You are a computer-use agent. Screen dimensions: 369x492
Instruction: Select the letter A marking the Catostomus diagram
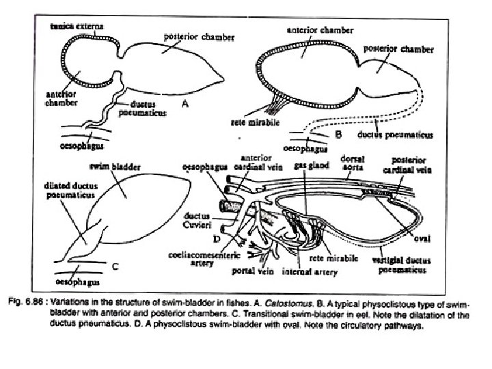click(184, 105)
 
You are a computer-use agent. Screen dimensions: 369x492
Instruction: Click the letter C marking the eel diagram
click(115, 266)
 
